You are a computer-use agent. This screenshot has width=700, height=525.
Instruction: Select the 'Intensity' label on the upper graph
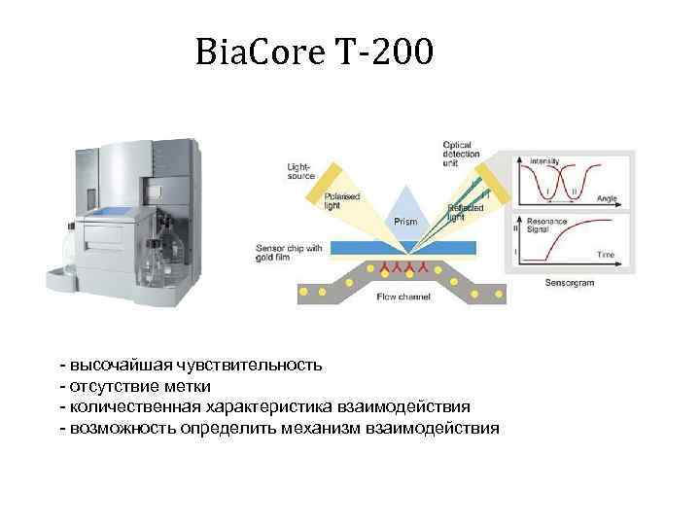coord(543,160)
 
